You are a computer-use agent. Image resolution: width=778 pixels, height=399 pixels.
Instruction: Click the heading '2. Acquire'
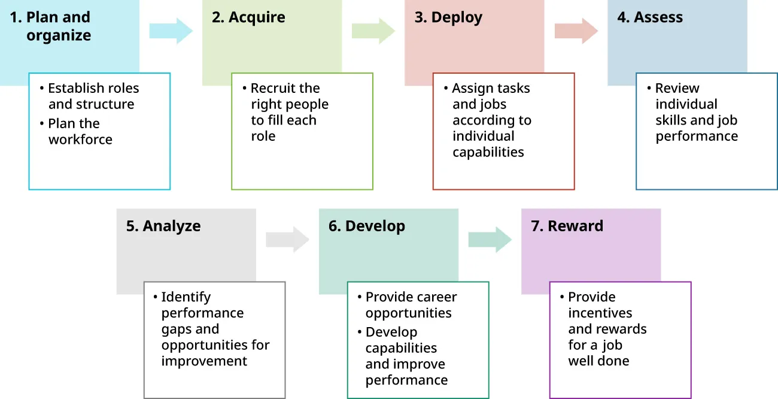248,17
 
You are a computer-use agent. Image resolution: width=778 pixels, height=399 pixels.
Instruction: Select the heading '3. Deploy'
448,17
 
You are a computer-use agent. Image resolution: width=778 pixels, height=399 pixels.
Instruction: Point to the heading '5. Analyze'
163,226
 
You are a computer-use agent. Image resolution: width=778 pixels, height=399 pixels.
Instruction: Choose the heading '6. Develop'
366,226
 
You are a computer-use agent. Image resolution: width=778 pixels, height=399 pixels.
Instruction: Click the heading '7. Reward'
567,226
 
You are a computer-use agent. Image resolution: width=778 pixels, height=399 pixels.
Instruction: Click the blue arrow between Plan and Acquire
171,31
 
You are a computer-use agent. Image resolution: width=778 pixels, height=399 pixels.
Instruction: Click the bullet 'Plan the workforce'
80,132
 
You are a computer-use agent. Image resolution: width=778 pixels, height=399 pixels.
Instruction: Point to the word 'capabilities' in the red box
488,152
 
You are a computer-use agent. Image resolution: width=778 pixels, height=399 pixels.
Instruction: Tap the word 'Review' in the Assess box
677,89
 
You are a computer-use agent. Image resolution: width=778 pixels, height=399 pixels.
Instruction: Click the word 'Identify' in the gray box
186,297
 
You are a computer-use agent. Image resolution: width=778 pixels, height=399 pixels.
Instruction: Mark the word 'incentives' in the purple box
600,313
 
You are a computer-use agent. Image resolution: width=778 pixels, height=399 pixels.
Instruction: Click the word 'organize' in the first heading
59,35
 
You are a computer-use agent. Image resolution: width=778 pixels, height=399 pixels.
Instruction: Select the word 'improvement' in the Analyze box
204,361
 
